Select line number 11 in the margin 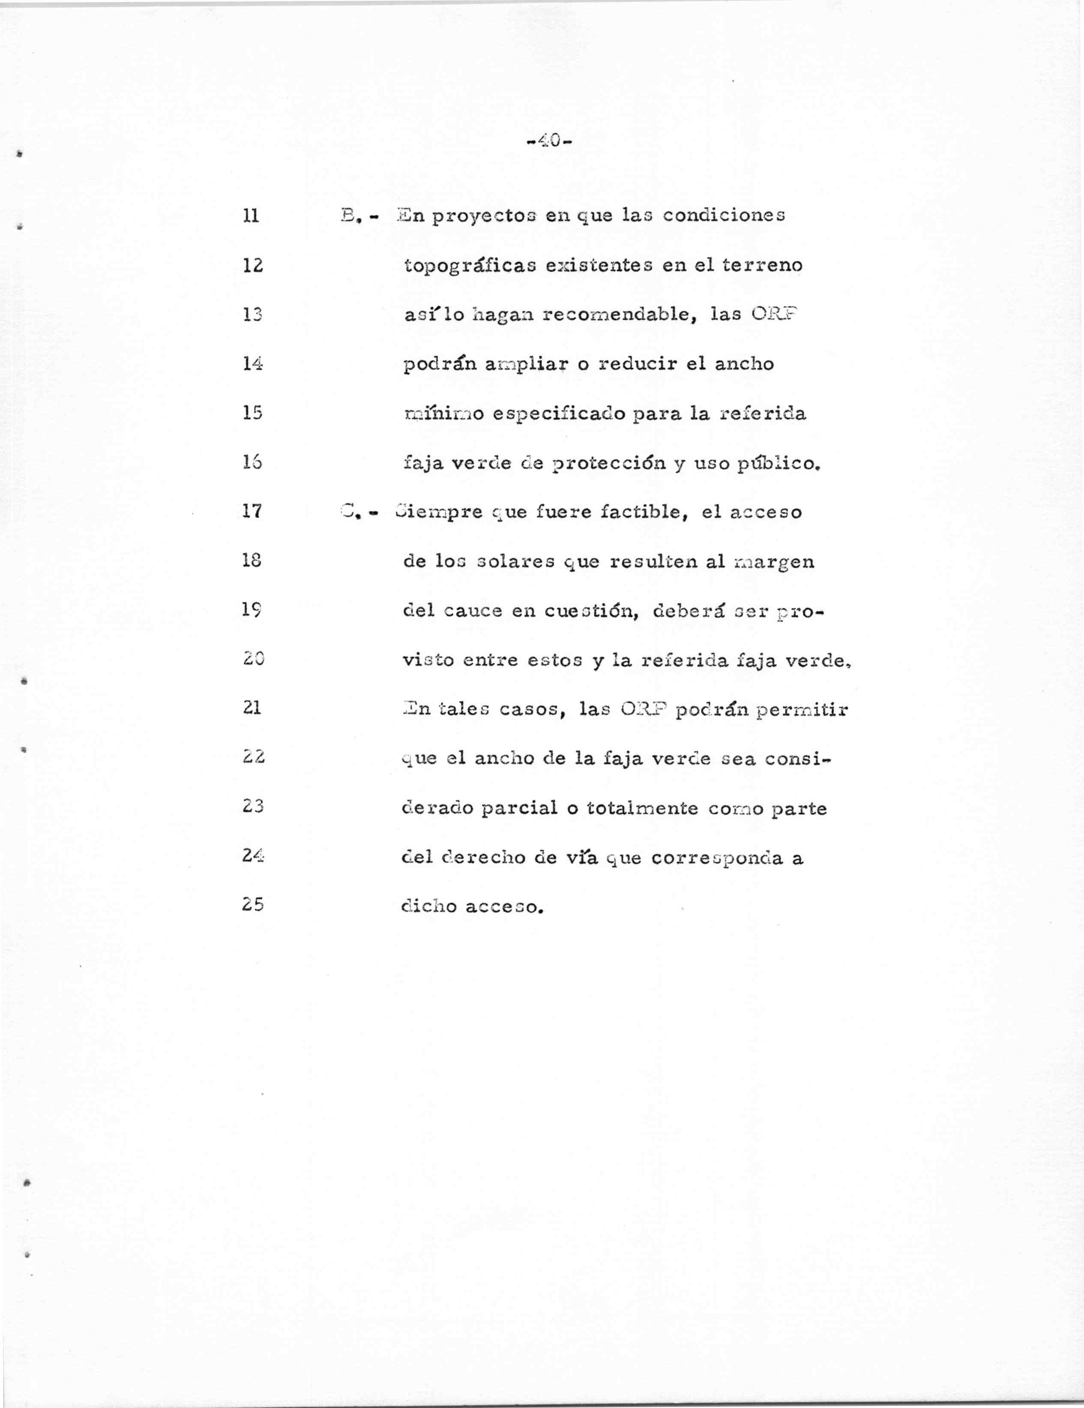point(252,215)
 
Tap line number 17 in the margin point(252,512)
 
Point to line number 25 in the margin point(253,904)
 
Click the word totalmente point(643,808)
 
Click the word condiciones point(723,215)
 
